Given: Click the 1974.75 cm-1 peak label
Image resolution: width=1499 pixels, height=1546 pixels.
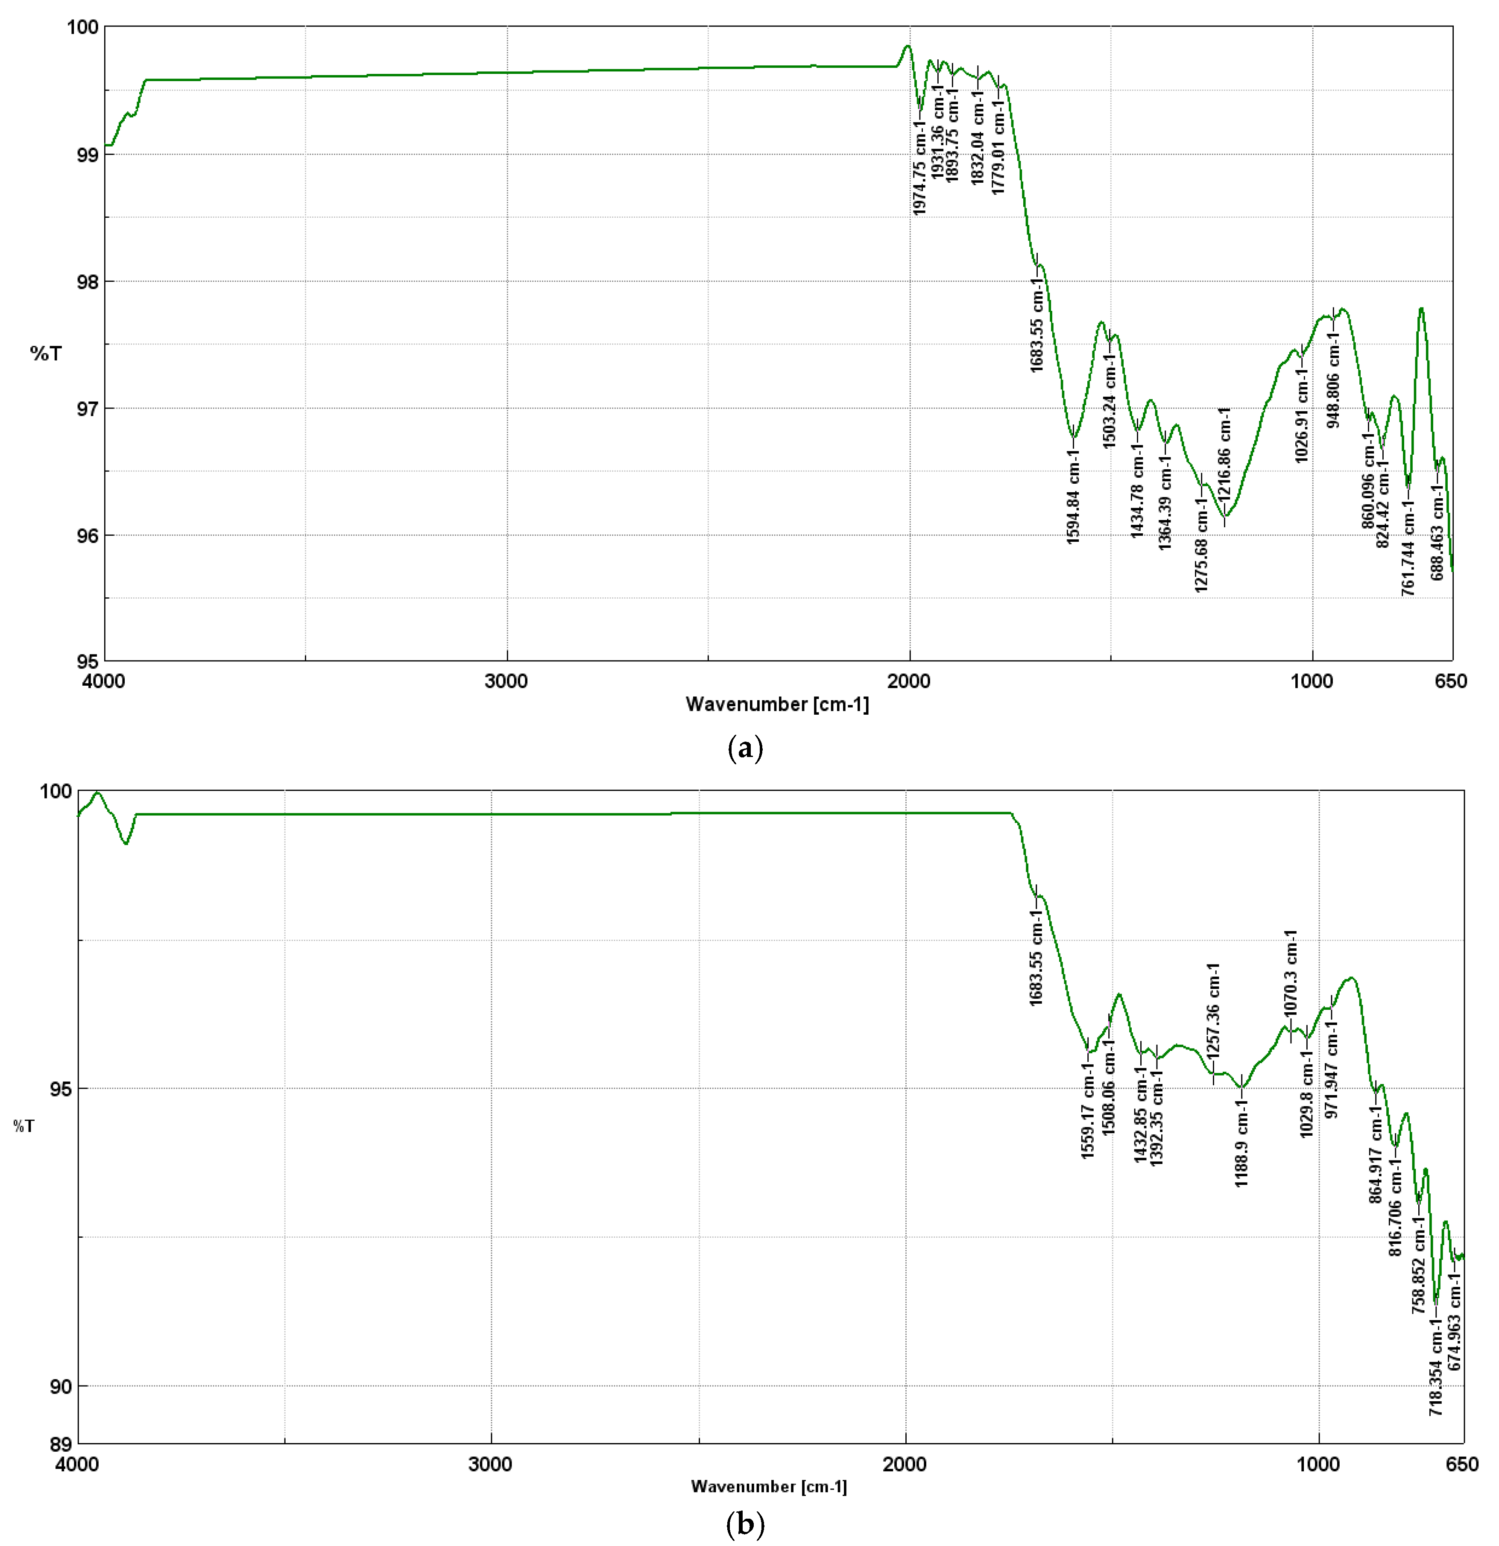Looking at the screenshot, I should (919, 167).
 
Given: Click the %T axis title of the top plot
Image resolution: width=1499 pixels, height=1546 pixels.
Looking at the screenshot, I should (46, 354).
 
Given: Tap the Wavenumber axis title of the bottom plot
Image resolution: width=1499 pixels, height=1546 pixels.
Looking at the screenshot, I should (768, 1486).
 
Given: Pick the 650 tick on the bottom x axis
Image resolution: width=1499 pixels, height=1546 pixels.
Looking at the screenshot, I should (1462, 1465).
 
